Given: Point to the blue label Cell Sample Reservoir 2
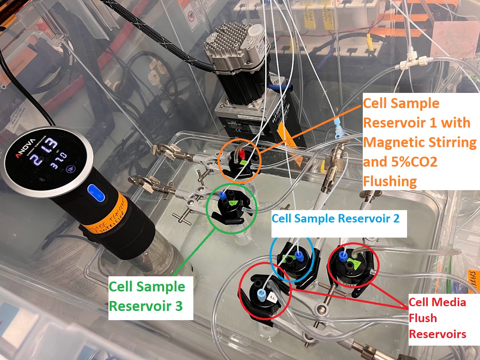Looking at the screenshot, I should click(335, 218).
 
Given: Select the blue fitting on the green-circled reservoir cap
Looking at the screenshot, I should click(222, 194).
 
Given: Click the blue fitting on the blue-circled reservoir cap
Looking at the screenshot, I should click(299, 255).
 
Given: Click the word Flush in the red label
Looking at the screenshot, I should click(423, 318).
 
